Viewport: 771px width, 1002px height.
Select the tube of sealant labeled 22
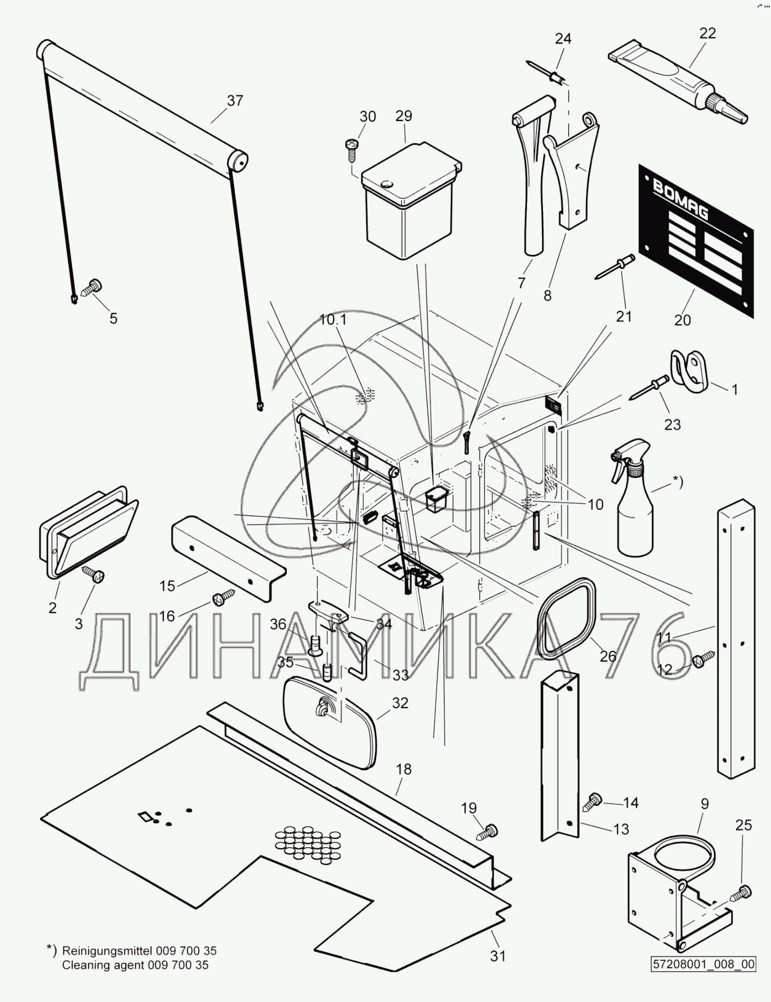click(676, 76)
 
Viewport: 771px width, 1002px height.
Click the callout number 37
click(235, 101)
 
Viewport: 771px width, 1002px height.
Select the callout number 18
click(404, 769)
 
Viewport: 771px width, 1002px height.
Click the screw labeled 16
click(224, 596)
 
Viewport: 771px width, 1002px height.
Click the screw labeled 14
click(594, 800)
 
